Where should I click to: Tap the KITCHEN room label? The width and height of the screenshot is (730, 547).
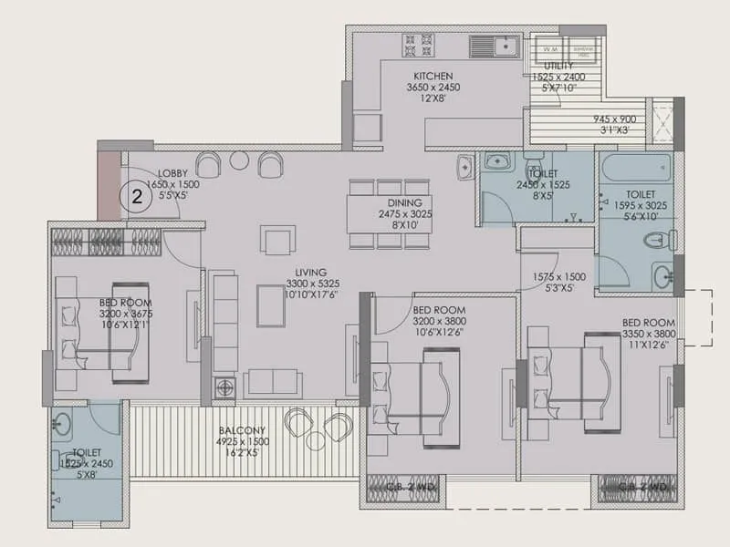[x=433, y=76]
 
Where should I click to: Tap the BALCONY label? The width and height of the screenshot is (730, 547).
[x=242, y=430]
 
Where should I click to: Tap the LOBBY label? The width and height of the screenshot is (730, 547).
[x=172, y=172]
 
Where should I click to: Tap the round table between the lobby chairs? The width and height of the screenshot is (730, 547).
[x=239, y=160]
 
